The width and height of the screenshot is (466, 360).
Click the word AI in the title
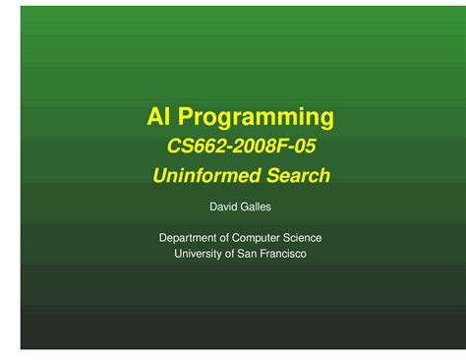[x=158, y=119]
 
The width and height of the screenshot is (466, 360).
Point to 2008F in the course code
[x=257, y=149]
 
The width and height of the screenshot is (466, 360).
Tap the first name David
[x=224, y=209]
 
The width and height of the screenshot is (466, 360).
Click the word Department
[x=190, y=238]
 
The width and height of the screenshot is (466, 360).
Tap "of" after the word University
[x=235, y=254]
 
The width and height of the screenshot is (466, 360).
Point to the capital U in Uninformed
[x=160, y=177]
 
